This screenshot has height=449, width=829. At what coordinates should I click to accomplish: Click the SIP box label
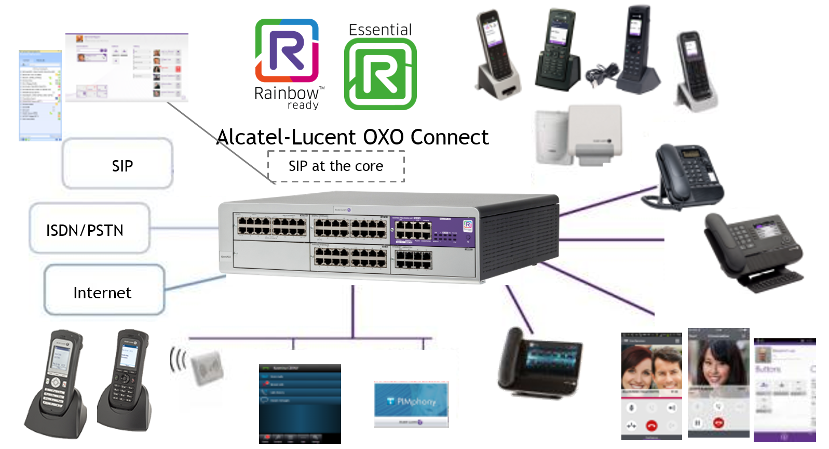(123, 166)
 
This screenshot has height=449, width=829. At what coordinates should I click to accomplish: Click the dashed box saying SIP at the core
(336, 166)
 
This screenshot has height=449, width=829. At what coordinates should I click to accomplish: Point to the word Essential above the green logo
(380, 30)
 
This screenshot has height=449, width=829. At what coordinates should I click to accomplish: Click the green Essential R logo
(380, 74)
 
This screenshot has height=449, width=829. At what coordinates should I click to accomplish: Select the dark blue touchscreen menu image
(300, 403)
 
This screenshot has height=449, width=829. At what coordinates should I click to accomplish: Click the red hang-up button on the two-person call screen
(651, 426)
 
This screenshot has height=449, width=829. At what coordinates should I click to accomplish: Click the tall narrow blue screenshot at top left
(40, 95)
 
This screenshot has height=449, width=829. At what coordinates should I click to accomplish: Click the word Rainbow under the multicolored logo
(286, 94)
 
